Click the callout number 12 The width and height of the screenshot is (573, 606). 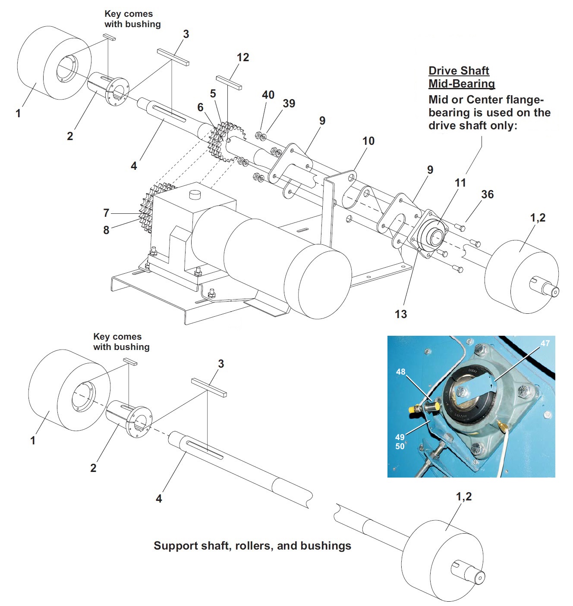pos(243,57)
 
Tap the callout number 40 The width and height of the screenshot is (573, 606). pos(268,95)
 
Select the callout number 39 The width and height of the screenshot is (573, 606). pos(289,103)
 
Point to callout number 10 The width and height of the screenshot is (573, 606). pos(368,141)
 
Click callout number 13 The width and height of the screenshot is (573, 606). pos(401,314)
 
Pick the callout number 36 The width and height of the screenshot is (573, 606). pos(487,194)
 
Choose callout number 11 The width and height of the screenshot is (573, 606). pos(460,183)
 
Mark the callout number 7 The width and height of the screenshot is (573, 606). pos(106,213)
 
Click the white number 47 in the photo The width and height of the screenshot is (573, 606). pos(545,343)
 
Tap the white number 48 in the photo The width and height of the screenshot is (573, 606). pos(401,372)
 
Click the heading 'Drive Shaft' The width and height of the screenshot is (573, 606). pos(459,71)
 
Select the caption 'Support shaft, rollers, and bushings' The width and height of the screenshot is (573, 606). pos(252,546)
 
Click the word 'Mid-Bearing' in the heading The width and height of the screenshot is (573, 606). pos(461,84)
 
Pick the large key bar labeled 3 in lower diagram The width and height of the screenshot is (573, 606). pos(209,387)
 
